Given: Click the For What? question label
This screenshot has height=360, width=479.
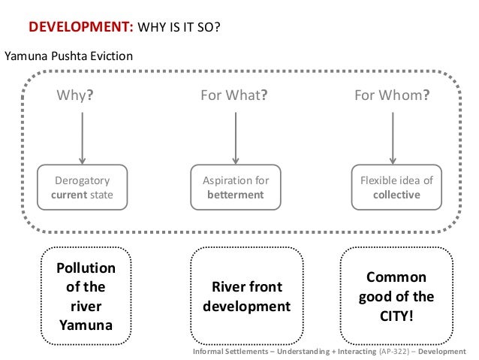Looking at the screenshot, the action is point(234,96).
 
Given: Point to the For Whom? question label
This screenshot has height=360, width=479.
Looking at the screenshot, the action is point(392,96).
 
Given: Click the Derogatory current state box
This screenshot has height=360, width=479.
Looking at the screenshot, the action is point(82,188).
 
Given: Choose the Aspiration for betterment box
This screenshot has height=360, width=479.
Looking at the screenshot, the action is point(236,188).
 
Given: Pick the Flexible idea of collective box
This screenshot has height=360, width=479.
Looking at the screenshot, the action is point(396,188).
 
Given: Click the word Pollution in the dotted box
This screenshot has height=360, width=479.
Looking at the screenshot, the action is point(87,268).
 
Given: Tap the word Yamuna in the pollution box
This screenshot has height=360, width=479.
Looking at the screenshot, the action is point(87,325).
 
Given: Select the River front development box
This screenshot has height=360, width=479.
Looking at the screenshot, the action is point(246,296).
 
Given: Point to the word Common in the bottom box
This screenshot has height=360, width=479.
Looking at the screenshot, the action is point(396,277).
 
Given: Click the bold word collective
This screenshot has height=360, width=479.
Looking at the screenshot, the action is point(396,195).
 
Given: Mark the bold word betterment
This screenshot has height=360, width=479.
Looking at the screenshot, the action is point(236,195).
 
